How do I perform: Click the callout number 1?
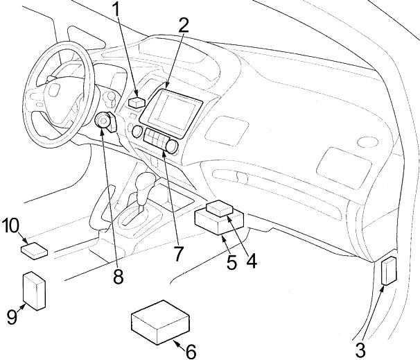pos(116,10)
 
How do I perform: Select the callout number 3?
pos(360,350)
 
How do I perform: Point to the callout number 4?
pos(252,261)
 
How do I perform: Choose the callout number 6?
pos(191,352)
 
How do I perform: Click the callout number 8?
pos(118,276)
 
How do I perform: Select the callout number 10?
pos(10,226)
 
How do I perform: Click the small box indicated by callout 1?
pos(137,103)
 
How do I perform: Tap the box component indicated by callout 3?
pos(390,271)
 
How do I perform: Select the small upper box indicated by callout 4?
pos(220,209)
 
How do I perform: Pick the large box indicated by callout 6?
pos(160,323)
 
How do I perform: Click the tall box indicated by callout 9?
pos(34,291)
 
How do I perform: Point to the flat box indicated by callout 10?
pos(34,250)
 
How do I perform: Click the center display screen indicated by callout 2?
pos(171,112)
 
